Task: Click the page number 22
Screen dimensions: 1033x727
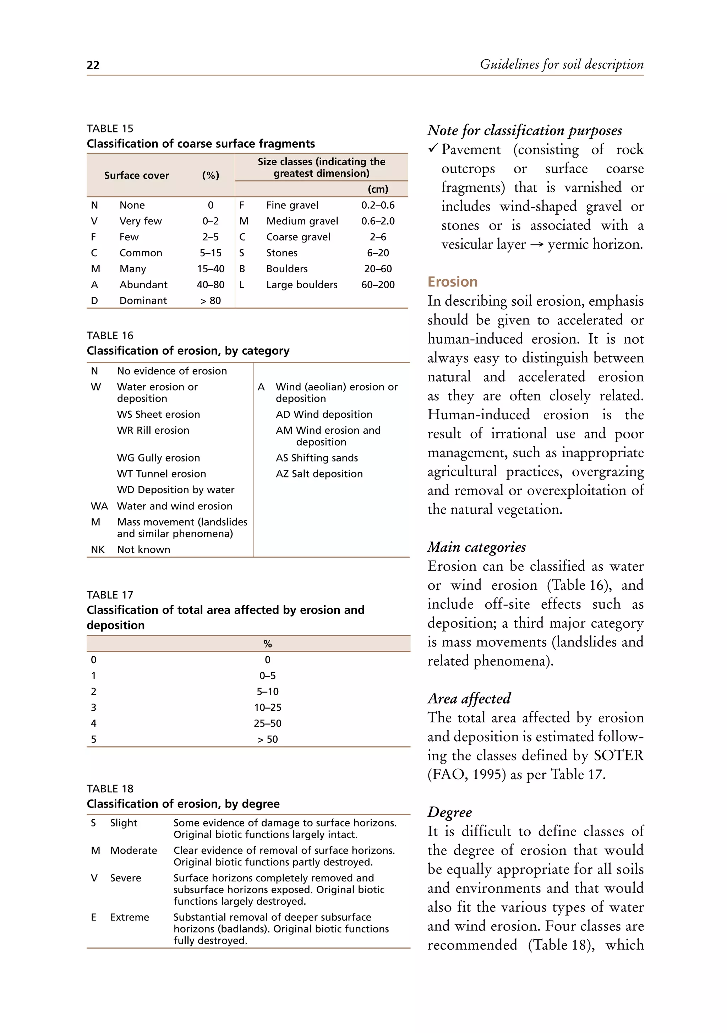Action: pos(93,65)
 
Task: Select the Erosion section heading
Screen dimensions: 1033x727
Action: pos(452,282)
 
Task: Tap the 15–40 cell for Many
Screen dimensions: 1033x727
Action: pos(211,269)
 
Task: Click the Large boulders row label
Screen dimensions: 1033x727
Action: pos(301,284)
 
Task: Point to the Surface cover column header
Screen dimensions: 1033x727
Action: pos(136,175)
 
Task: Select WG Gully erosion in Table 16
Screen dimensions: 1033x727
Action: pos(158,458)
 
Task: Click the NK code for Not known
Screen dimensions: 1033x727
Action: pos(98,550)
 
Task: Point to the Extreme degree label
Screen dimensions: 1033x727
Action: pos(130,917)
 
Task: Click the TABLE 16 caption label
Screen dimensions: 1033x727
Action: pos(110,335)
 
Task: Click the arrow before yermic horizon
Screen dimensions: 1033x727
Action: pos(536,245)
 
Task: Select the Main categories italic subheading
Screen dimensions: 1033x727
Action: pos(476,547)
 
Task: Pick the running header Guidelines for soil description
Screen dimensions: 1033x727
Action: pos(562,64)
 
